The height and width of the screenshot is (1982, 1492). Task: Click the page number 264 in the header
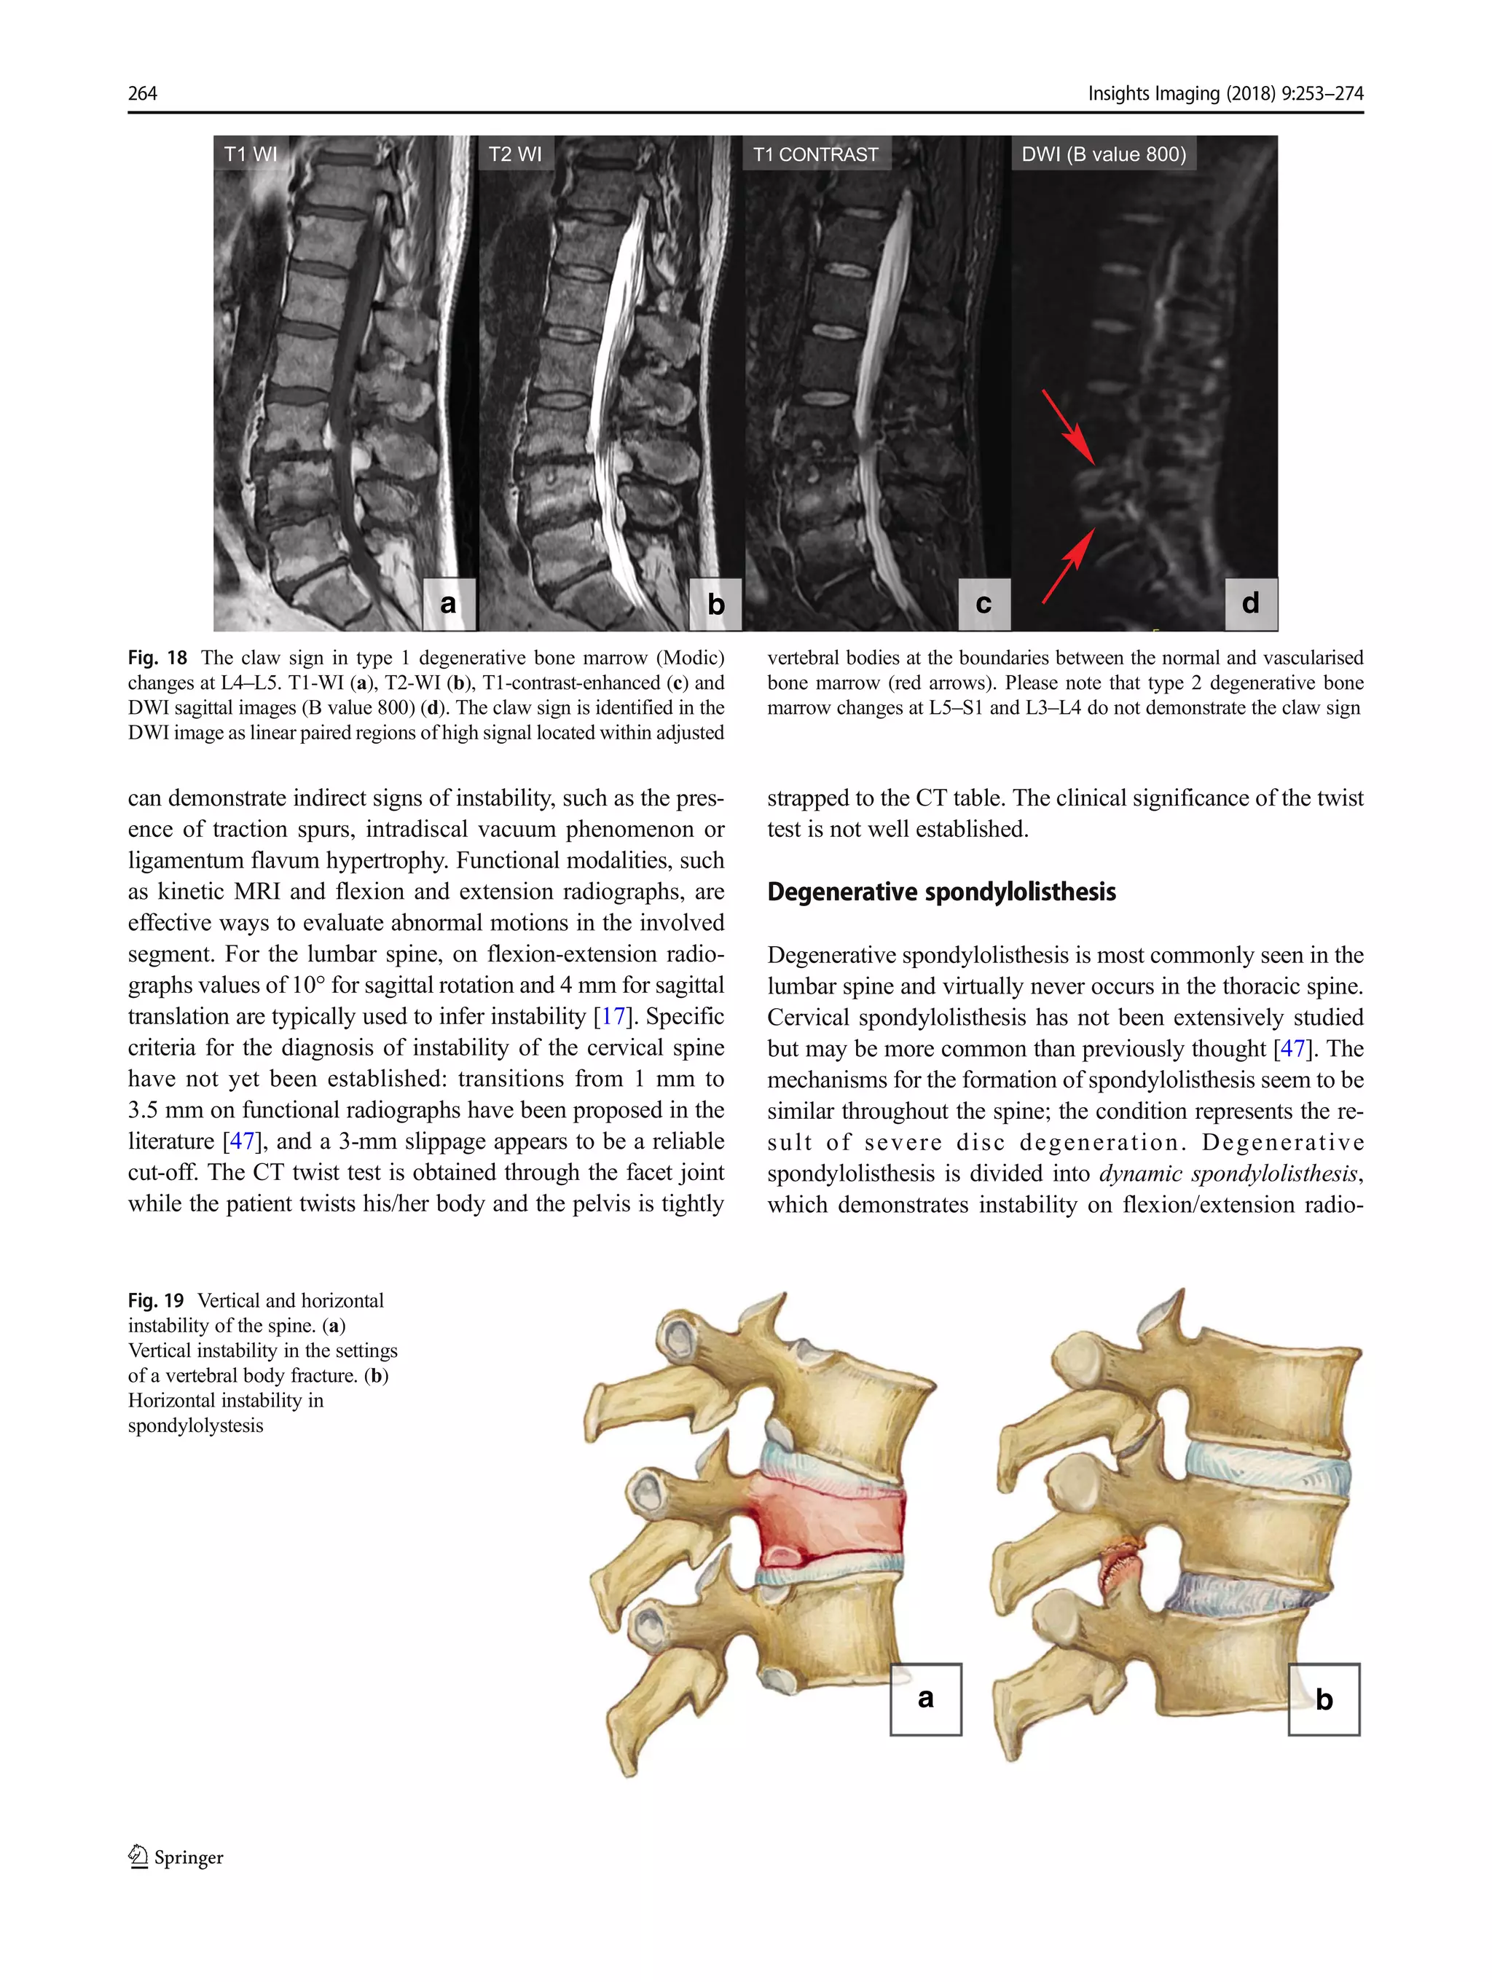click(x=143, y=93)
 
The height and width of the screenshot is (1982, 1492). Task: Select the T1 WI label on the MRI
click(x=250, y=154)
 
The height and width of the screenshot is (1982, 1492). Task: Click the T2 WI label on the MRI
click(x=514, y=154)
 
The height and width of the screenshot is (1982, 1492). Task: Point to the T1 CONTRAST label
click(x=815, y=154)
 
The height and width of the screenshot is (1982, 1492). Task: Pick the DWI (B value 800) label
click(x=1103, y=154)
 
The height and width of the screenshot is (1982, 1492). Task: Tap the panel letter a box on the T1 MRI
click(x=448, y=603)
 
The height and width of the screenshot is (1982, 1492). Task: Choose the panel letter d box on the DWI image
click(x=1251, y=603)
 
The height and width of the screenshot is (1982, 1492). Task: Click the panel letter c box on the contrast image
click(x=984, y=603)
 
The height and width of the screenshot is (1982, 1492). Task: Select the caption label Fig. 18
click(x=157, y=658)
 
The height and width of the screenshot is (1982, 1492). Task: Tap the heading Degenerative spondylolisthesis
click(x=941, y=892)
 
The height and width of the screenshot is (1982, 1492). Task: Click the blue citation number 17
click(x=613, y=1016)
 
